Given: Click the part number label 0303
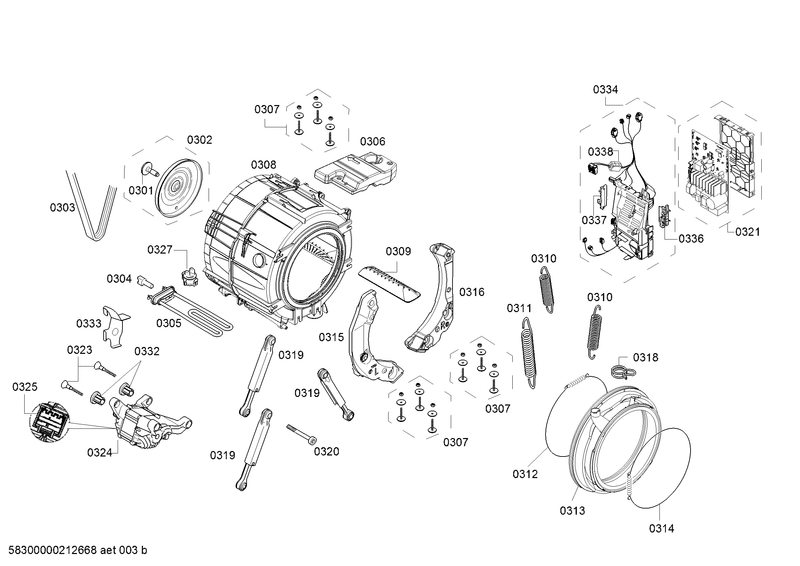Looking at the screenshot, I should click(62, 208).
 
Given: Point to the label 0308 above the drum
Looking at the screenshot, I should click(263, 165).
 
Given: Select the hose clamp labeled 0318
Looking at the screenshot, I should click(624, 372).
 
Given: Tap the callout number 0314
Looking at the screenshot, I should click(661, 529).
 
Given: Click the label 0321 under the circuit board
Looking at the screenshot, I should click(748, 232).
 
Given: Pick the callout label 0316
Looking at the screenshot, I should click(472, 292).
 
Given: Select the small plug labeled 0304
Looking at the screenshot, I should click(146, 281).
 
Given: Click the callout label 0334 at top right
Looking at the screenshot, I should click(606, 90).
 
